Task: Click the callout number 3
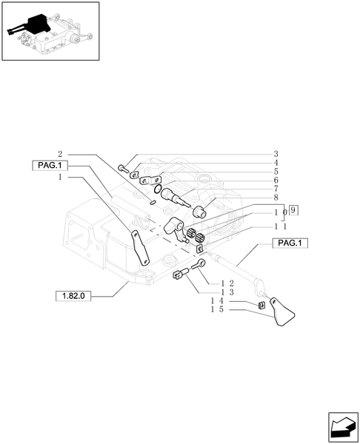(x=276, y=155)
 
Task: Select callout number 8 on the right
(x=276, y=198)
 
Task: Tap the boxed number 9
(x=294, y=210)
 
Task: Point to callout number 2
(x=59, y=154)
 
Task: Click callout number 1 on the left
(x=59, y=178)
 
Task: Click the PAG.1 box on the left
(x=49, y=165)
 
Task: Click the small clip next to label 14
(x=261, y=305)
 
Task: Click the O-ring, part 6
(x=170, y=196)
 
